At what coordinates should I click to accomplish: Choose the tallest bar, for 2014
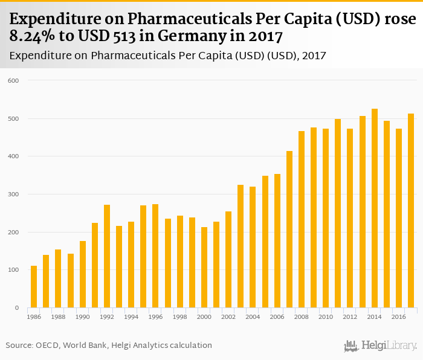point(375,208)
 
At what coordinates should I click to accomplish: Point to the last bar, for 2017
point(411,211)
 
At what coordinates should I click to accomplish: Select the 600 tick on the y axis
point(14,80)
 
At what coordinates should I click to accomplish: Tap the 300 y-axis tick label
point(14,194)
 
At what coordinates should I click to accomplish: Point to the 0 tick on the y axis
point(18,308)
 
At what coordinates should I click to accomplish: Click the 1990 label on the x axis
point(83,316)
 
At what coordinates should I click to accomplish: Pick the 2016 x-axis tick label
point(399,316)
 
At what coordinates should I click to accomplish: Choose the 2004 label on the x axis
point(253,316)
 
